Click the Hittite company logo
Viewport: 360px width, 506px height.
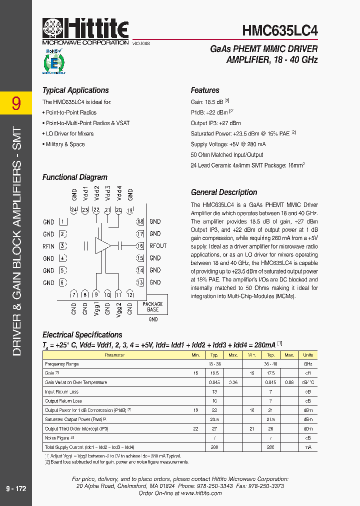pyautogui.click(x=85, y=30)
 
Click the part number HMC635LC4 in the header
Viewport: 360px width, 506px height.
pyautogui.click(x=279, y=30)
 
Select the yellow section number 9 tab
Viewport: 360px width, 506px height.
pyautogui.click(x=16, y=103)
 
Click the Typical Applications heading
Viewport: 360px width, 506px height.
pyautogui.click(x=75, y=90)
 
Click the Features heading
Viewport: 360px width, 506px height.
pyautogui.click(x=205, y=90)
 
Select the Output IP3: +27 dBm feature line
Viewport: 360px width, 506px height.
pyautogui.click(x=215, y=123)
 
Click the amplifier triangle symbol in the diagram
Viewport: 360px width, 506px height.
pyautogui.click(x=102, y=245)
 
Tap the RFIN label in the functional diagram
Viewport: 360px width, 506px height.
pyautogui.click(x=48, y=246)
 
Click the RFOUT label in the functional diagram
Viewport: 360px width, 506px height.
pyautogui.click(x=158, y=246)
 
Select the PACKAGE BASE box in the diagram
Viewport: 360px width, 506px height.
pyautogui.click(x=152, y=306)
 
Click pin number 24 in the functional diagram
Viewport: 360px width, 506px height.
pyautogui.click(x=74, y=210)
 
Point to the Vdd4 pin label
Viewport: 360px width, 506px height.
pyautogui.click(x=119, y=192)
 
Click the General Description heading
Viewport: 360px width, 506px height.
pyautogui.click(x=224, y=192)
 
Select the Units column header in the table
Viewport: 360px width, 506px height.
pyautogui.click(x=308, y=355)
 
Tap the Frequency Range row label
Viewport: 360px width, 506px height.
pyautogui.click(x=62, y=364)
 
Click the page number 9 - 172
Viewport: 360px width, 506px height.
pyautogui.click(x=16, y=488)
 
